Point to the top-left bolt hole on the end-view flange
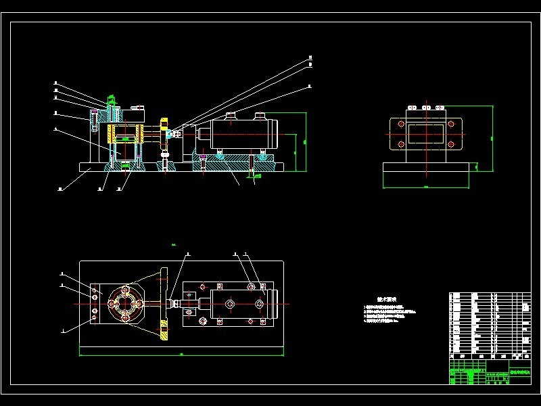400,126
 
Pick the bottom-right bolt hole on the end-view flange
451,143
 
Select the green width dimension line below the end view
426,185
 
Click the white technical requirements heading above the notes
386,298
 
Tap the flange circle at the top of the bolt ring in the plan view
124,289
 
